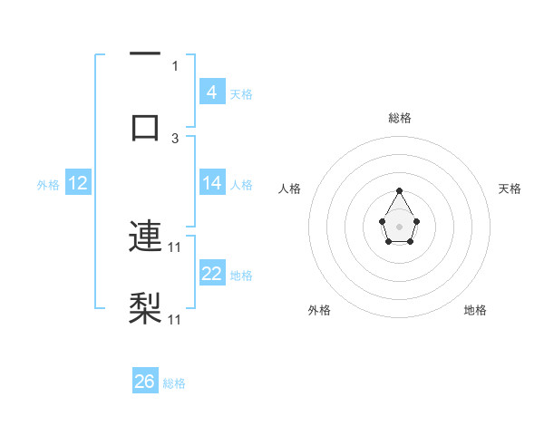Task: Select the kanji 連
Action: [145, 237]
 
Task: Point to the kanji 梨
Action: [145, 308]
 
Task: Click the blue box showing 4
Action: [211, 92]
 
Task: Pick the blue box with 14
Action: [211, 183]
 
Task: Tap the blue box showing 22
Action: [211, 274]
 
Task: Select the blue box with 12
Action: [77, 183]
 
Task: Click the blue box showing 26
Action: [144, 382]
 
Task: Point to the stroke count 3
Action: [175, 139]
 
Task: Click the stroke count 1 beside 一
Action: [175, 65]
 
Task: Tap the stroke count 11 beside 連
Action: [175, 247]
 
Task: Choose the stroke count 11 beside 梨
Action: [175, 319]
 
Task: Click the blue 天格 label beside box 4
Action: [241, 93]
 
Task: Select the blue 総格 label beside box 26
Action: [174, 383]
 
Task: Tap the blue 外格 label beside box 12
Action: [48, 184]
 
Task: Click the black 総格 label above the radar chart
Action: [399, 118]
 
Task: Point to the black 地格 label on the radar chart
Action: [475, 310]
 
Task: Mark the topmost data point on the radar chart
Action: [399, 190]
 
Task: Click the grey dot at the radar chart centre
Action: [399, 225]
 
